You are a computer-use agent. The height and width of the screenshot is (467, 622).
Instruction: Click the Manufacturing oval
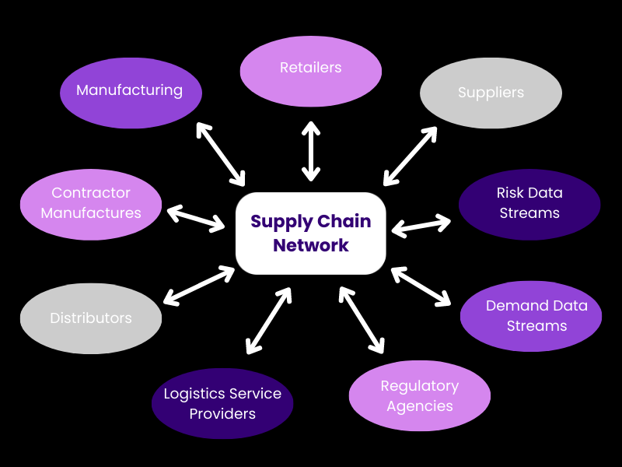(131, 93)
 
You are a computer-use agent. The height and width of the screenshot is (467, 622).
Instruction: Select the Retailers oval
(311, 71)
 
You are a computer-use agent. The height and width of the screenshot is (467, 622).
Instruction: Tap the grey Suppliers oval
(491, 93)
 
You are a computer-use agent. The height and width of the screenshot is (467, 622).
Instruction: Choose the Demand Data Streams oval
(531, 316)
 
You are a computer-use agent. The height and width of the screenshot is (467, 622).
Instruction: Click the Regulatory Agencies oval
(420, 395)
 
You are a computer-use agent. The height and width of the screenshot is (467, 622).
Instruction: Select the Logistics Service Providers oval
(222, 403)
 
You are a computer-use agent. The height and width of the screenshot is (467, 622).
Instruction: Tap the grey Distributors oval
(91, 318)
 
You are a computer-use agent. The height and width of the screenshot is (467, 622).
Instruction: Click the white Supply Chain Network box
(311, 233)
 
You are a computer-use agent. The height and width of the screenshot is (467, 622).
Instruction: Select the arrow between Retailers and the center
(311, 151)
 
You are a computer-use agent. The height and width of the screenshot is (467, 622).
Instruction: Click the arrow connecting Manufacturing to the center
(221, 154)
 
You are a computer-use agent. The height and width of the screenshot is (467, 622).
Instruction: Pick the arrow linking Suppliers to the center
(411, 155)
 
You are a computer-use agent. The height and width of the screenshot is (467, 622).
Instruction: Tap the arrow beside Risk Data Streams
(421, 226)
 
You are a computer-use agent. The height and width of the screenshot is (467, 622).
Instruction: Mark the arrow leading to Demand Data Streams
(421, 286)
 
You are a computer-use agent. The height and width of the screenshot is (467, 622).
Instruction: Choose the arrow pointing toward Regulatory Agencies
(362, 319)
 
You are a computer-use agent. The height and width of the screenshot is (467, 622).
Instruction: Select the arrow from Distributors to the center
(199, 285)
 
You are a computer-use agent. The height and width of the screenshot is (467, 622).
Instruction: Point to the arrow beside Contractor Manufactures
(196, 218)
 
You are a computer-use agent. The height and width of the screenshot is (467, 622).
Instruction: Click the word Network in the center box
(311, 246)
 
